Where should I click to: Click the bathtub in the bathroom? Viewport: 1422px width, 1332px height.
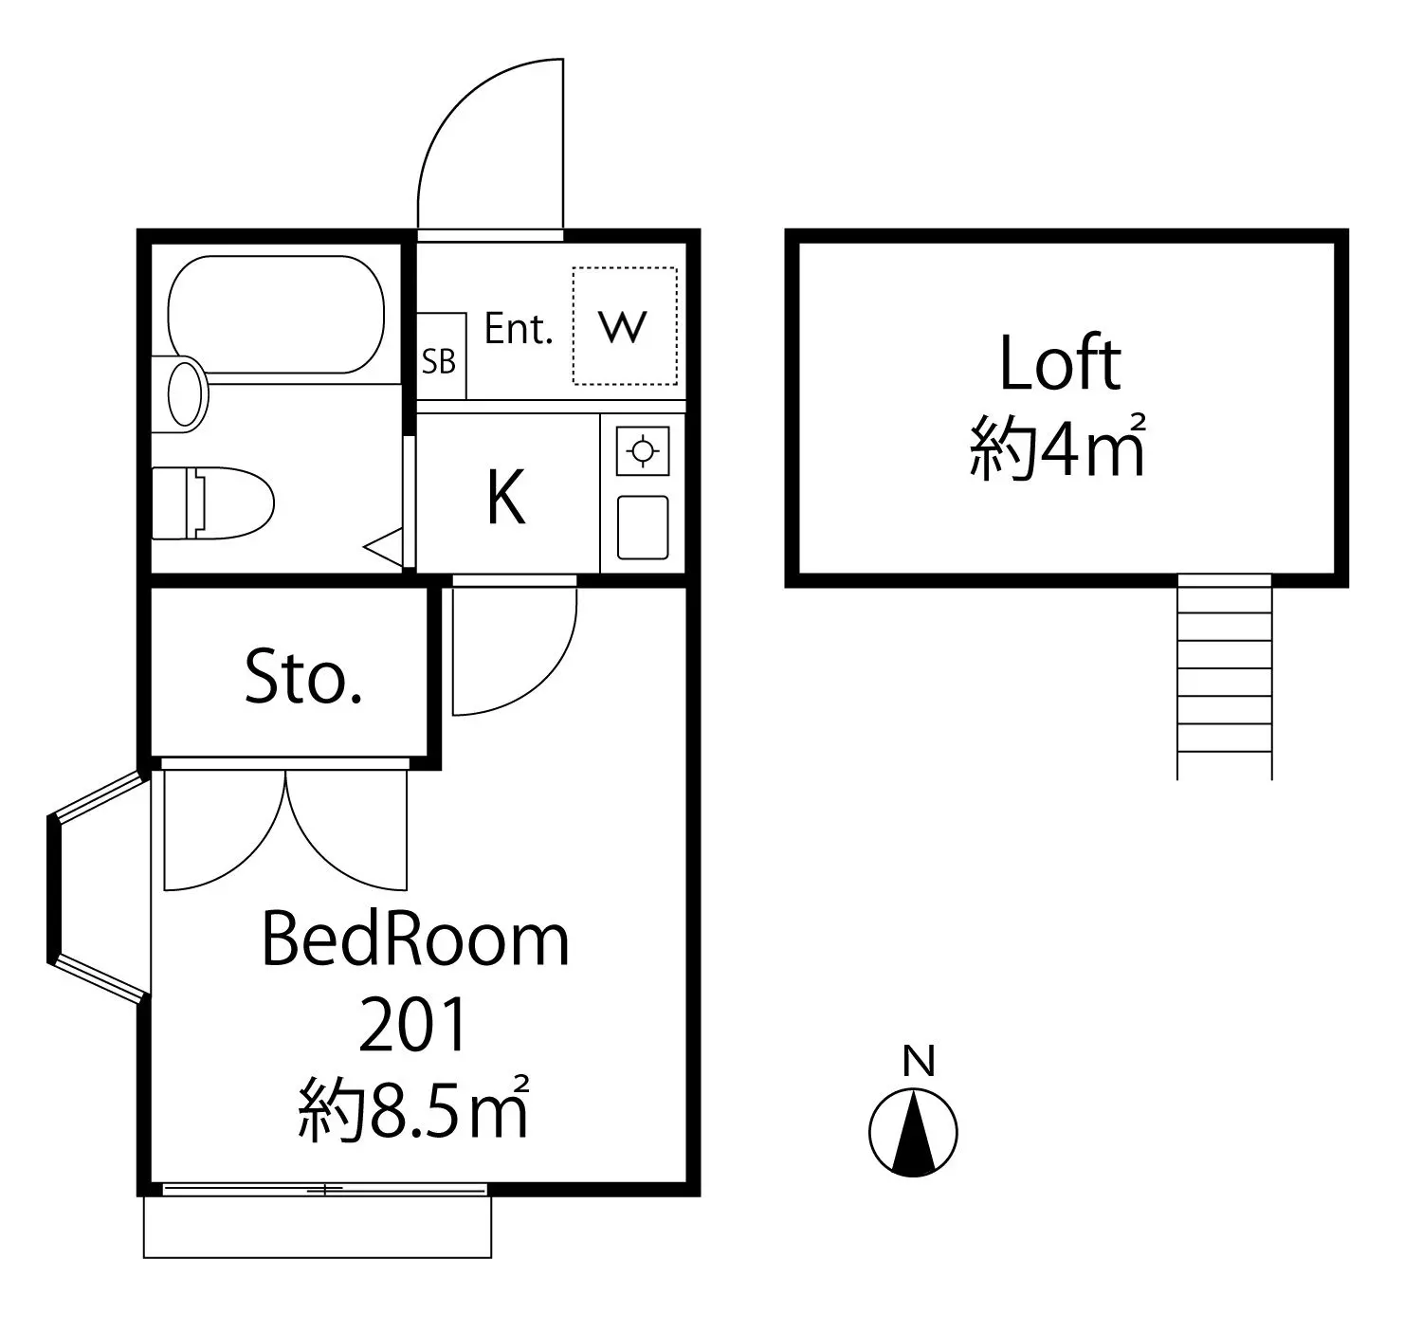point(277,315)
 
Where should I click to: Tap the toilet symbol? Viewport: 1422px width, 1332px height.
point(212,502)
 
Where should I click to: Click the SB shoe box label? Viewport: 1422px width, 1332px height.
point(438,361)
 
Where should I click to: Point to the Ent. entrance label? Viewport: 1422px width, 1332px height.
point(519,329)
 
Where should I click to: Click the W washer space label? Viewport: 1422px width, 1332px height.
point(623,327)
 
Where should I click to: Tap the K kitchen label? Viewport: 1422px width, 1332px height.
point(506,497)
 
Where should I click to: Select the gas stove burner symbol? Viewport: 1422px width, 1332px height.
point(642,451)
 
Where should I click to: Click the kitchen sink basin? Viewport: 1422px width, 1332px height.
point(643,528)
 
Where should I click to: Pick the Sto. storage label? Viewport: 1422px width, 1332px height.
point(303,676)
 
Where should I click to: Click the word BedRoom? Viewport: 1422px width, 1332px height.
point(415,940)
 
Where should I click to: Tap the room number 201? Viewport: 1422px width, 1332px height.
point(414,1025)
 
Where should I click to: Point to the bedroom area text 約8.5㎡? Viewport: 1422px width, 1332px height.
point(414,1108)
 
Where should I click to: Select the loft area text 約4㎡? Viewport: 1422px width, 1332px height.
point(1058,447)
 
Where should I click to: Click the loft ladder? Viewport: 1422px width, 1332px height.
point(1225,677)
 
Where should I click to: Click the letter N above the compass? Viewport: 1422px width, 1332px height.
point(920,1061)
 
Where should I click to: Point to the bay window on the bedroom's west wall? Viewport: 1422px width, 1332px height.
point(99,888)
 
